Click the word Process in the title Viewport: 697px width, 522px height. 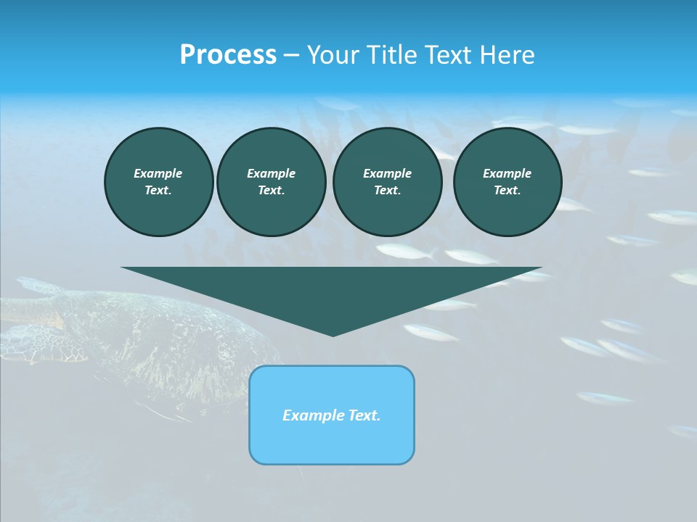[x=228, y=55]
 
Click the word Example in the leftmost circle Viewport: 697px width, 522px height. [x=158, y=173]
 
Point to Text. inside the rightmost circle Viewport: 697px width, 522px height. [x=507, y=191]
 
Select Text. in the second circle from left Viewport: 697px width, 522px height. [x=271, y=191]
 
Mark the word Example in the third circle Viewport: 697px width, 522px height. [x=387, y=173]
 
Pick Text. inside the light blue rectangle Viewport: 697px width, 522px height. [x=364, y=415]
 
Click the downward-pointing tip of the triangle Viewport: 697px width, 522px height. [x=333, y=334]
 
